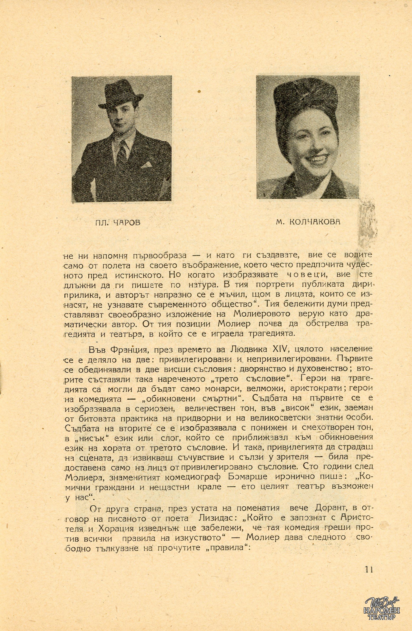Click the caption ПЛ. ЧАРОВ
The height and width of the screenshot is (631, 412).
pos(117,222)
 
